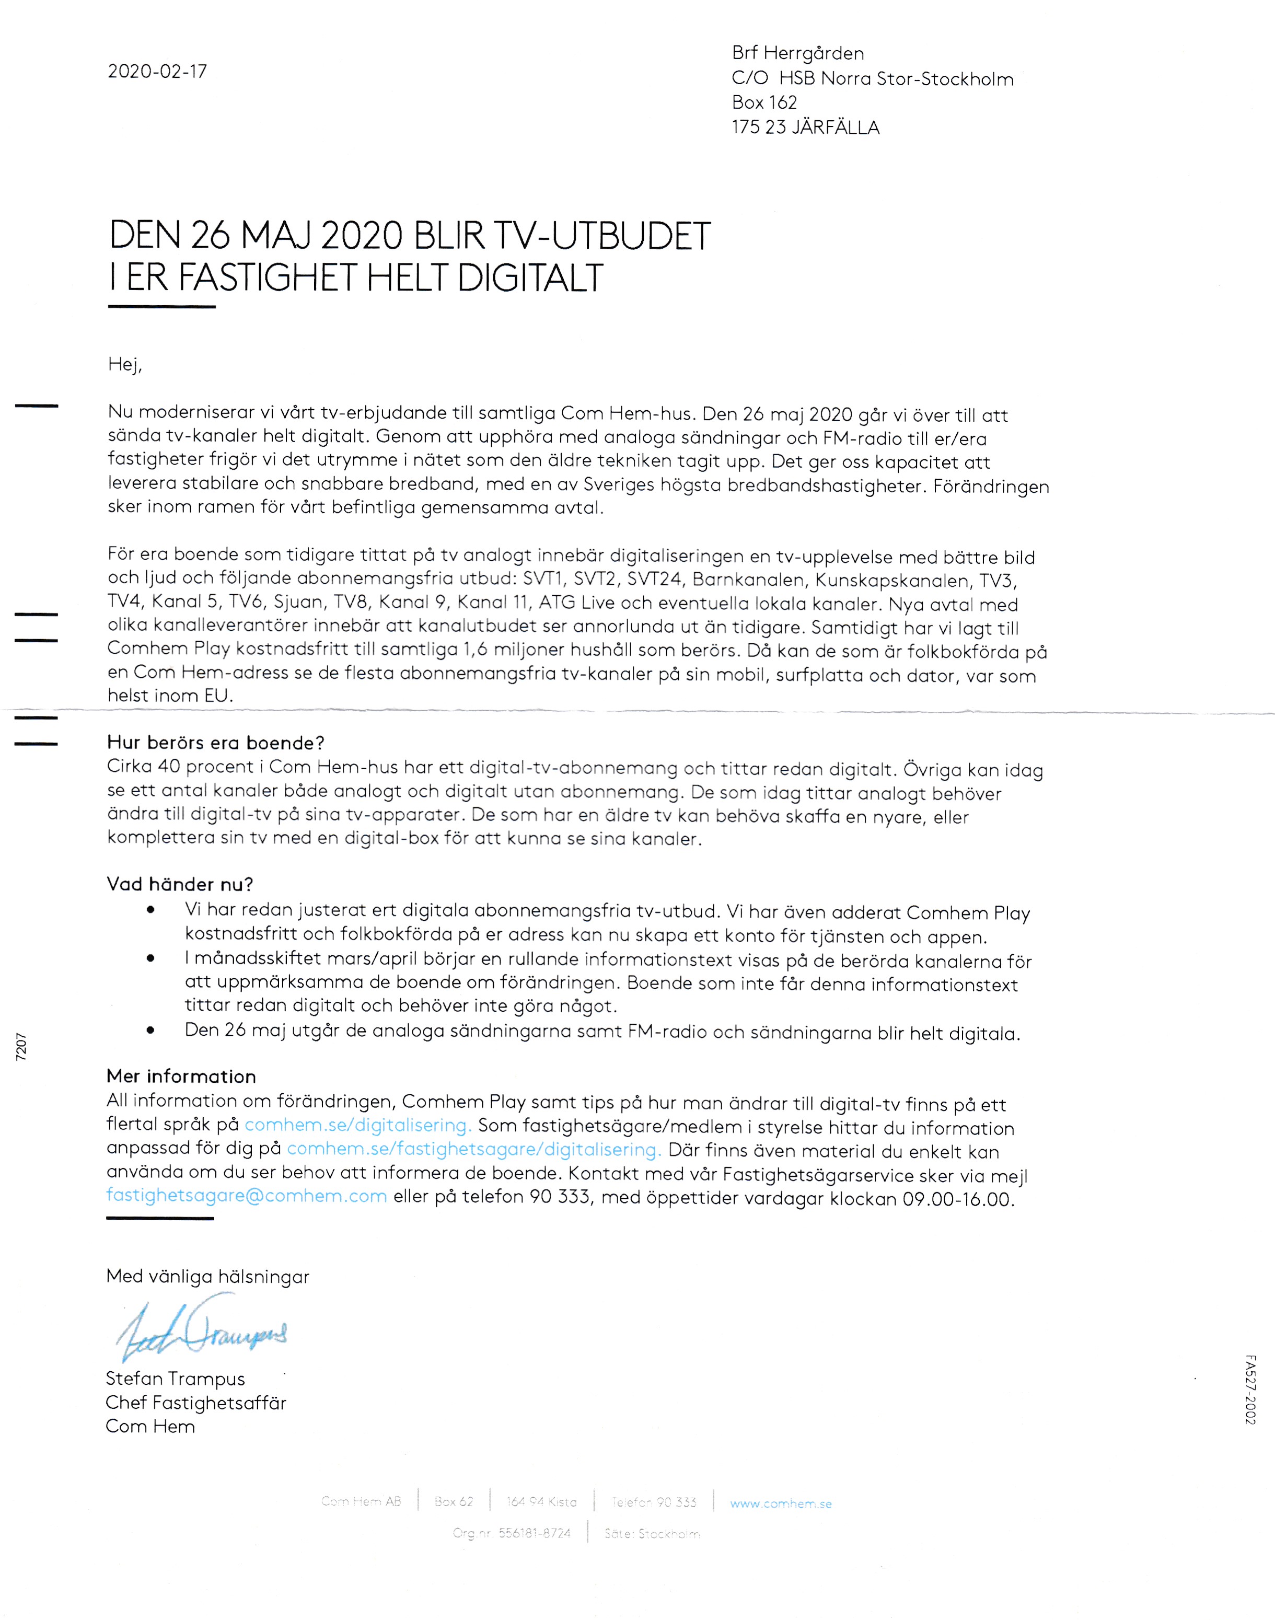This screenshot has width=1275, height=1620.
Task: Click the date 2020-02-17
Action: pos(157,72)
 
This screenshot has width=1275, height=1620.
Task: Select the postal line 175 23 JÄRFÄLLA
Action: pos(805,128)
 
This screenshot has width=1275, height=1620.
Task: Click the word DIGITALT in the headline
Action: pos(530,279)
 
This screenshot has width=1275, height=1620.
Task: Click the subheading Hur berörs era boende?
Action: pos(216,743)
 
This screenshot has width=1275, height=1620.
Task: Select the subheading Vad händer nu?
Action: pos(180,885)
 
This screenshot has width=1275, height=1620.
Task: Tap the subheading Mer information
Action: pos(181,1077)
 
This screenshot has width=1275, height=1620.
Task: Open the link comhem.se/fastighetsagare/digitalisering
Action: pos(473,1150)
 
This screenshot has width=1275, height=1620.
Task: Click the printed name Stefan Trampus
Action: pos(176,1379)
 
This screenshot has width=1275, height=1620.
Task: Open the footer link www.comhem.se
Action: pos(781,1503)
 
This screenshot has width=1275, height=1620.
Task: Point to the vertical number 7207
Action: pos(21,1047)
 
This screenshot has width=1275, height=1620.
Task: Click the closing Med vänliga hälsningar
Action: pos(207,1277)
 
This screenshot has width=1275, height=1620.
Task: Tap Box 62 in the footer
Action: pos(454,1502)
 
